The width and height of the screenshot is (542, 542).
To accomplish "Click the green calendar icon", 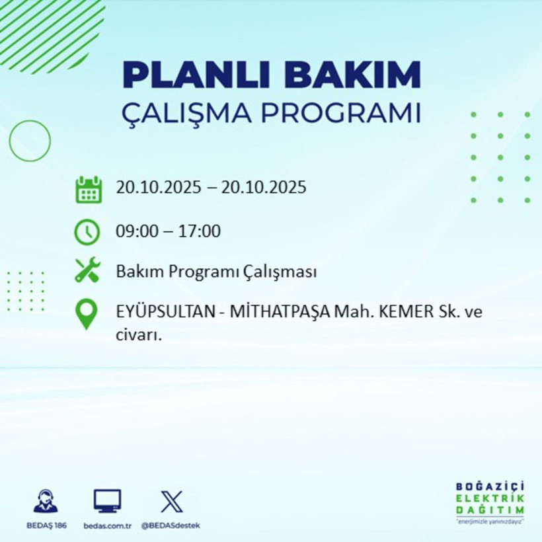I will click(88, 190).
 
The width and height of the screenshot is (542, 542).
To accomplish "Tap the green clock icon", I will click(87, 232).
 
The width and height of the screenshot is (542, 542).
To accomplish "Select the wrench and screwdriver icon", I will click(87, 270).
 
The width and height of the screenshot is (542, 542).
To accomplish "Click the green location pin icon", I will click(87, 315).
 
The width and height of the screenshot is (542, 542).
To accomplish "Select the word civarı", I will click(139, 335).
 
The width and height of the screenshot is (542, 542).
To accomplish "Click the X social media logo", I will click(172, 502).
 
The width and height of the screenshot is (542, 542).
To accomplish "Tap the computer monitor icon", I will click(107, 502).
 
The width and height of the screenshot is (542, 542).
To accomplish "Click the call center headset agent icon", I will click(46, 501).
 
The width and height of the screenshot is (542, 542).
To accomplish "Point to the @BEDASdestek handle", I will click(171, 525).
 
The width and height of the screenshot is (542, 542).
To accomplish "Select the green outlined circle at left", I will click(30, 141).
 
